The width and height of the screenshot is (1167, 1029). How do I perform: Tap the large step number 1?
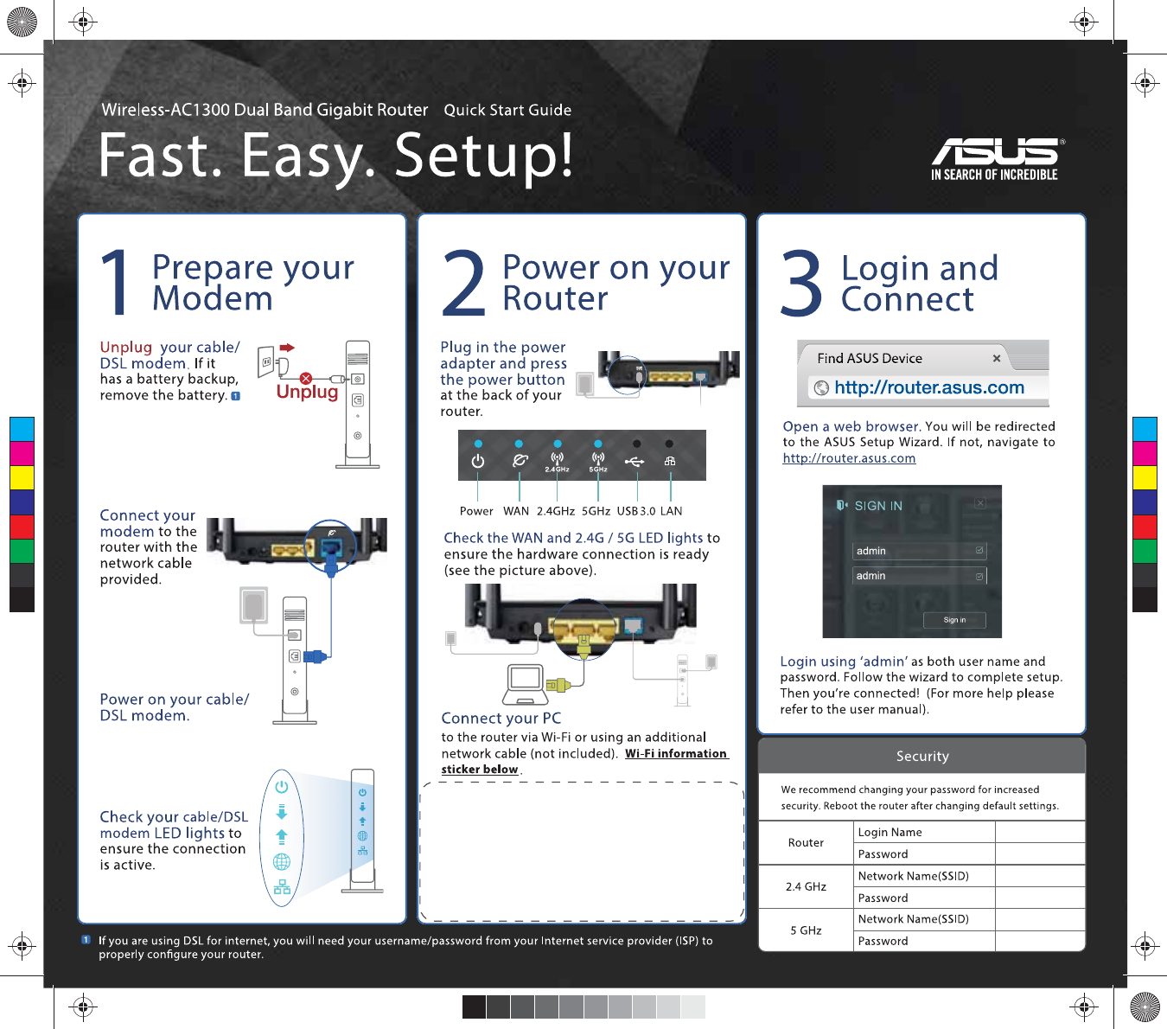tap(115, 283)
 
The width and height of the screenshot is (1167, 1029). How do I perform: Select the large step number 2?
tap(464, 283)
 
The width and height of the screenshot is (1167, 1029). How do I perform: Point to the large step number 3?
tap(801, 283)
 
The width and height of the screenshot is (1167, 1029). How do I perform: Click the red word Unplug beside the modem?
tap(307, 392)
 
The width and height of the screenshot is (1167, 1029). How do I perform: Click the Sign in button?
tap(954, 620)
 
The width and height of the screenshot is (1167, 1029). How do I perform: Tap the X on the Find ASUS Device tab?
tap(997, 358)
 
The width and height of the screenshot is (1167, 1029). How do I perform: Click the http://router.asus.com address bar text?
tap(929, 388)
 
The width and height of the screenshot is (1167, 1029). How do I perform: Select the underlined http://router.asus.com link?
tap(849, 458)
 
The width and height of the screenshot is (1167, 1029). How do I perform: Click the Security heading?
tap(922, 757)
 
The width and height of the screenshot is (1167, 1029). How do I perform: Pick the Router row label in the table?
tap(806, 843)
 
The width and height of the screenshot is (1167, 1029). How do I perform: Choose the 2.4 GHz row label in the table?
tap(806, 886)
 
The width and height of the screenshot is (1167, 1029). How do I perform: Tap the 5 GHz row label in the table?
tap(806, 930)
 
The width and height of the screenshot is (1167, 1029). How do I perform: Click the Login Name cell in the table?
tap(890, 833)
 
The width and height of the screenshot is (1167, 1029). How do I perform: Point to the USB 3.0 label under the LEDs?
tap(636, 511)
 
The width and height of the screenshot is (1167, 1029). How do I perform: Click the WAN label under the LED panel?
tap(516, 511)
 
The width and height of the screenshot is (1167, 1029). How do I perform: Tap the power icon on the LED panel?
tap(478, 462)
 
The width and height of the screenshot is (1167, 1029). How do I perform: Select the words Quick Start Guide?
tap(507, 111)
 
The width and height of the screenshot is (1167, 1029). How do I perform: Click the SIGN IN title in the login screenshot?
tap(877, 506)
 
